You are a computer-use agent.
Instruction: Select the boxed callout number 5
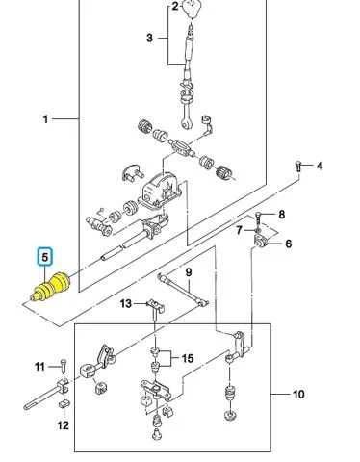45,257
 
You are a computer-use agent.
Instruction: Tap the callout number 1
45,119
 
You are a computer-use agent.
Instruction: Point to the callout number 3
149,38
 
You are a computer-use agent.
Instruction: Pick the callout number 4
320,166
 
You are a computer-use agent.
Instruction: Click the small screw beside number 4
298,166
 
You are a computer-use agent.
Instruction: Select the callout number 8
281,215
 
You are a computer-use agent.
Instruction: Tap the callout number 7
239,230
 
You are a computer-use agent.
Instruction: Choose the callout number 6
289,244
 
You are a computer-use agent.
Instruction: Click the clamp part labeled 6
262,241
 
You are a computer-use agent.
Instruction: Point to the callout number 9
189,272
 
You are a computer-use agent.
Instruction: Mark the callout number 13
126,303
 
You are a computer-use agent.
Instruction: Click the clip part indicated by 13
156,306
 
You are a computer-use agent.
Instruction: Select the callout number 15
188,358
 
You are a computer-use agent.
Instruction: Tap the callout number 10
298,394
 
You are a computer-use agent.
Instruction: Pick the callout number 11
39,367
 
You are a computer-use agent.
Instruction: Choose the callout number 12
64,425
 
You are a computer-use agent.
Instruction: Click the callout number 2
175,6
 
